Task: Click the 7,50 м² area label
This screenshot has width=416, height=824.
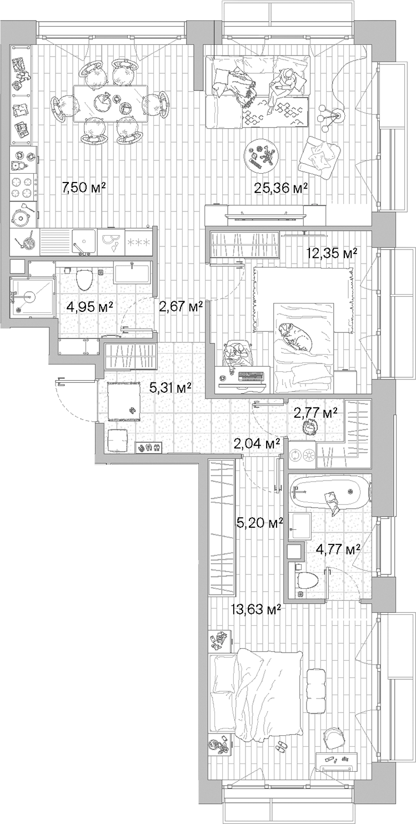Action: coord(84,188)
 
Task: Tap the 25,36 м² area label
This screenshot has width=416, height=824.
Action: coord(280,189)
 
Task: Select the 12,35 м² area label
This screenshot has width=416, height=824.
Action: coord(332,254)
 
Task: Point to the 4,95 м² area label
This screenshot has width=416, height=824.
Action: coord(90,306)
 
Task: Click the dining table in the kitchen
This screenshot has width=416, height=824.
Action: coord(110,103)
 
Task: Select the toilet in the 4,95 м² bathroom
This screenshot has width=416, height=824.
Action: coord(84,279)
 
